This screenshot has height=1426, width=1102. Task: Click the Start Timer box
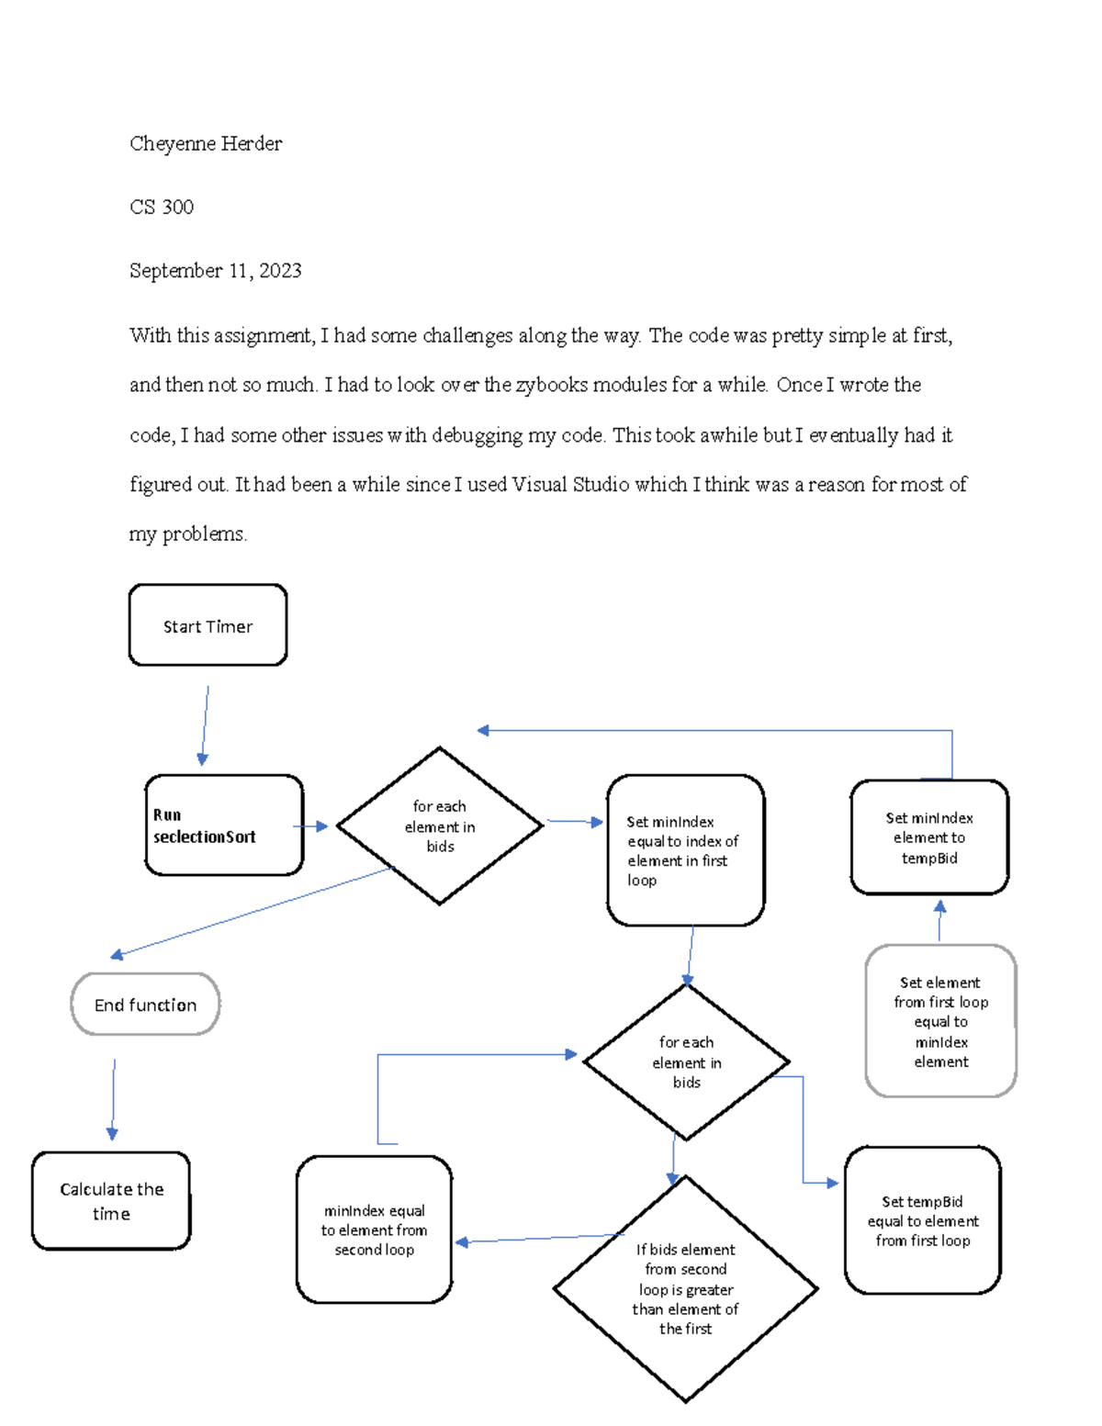(x=208, y=625)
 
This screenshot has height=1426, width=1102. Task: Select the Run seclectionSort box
(x=224, y=825)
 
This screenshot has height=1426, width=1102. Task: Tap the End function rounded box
(x=145, y=1005)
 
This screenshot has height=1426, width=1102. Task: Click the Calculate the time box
(x=111, y=1201)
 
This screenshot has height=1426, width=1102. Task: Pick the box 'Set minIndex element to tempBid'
(x=929, y=837)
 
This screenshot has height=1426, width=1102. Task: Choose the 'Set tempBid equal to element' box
(x=923, y=1220)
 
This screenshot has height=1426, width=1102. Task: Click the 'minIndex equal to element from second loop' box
(x=375, y=1230)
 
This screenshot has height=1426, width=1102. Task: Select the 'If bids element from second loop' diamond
(x=685, y=1288)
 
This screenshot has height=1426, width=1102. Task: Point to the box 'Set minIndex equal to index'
(x=685, y=850)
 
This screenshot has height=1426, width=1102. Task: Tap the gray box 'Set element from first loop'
(x=940, y=1021)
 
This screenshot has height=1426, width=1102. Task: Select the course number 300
(x=178, y=208)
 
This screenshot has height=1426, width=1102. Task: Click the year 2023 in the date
(x=280, y=271)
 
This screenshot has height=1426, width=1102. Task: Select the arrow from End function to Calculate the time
(x=113, y=1099)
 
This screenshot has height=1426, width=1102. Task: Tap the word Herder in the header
(x=252, y=144)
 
